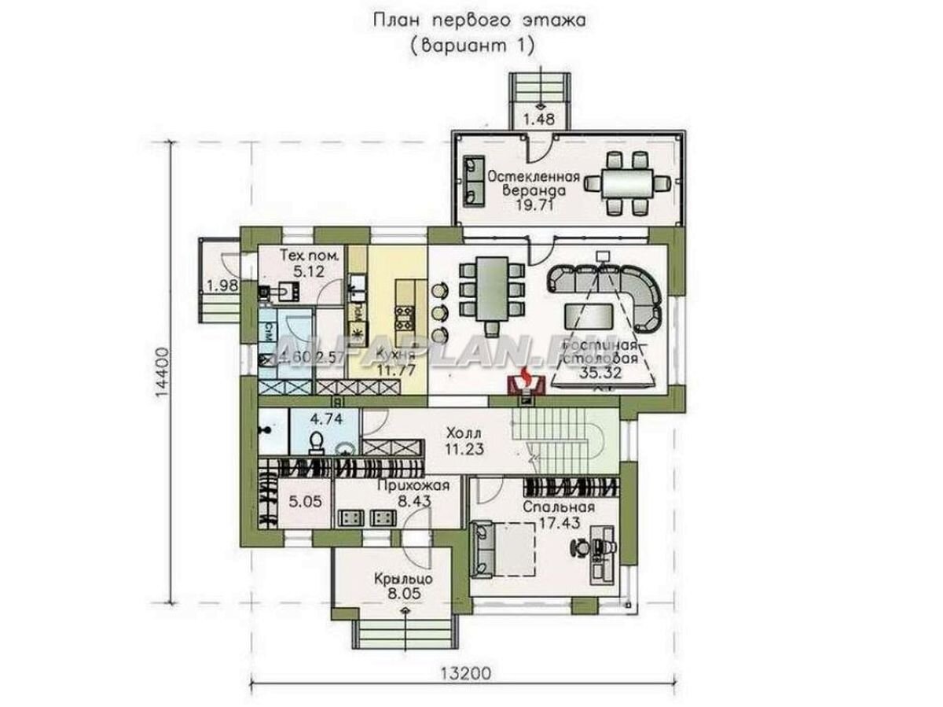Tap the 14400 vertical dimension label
click(x=163, y=375)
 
